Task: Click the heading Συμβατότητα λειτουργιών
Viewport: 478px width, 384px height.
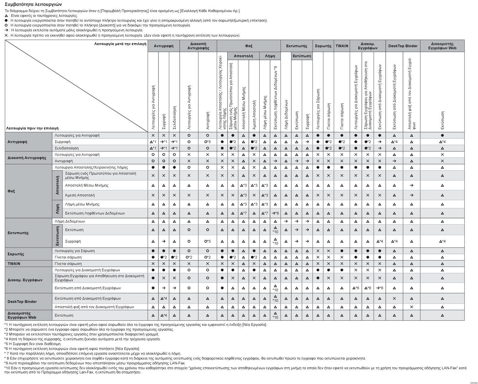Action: pos(33,5)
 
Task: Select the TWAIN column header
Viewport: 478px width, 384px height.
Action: pos(342,46)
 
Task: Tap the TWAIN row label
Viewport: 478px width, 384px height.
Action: pos(14,264)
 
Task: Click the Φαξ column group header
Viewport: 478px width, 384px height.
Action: pos(249,46)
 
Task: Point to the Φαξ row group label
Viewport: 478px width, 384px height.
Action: pos(11,191)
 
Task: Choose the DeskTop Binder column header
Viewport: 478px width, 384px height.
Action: pos(403,46)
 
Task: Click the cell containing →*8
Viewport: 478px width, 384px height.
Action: pos(275,213)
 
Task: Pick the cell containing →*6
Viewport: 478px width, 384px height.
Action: pos(379,288)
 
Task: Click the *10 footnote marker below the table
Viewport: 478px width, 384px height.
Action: pos(8,368)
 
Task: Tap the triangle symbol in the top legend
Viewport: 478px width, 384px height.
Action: pos(7,16)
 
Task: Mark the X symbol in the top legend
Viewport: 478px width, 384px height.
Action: pos(7,35)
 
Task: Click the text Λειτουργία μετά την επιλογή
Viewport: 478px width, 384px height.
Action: pos(120,44)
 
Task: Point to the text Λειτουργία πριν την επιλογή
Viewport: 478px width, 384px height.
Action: pos(32,128)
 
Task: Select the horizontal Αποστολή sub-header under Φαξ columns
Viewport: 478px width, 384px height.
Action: pos(243,56)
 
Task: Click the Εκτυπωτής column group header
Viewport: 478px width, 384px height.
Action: pos(296,46)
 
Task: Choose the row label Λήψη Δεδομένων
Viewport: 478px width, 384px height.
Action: pos(70,221)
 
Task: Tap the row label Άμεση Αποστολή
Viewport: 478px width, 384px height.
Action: pos(80,195)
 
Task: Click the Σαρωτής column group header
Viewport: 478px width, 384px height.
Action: pos(323,46)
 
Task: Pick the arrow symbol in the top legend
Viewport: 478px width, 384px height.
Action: pos(7,30)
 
